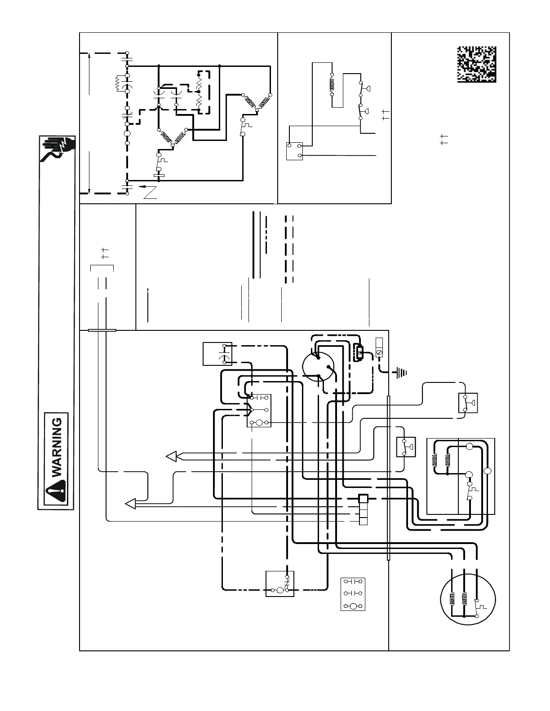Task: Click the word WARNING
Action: [x=58, y=448]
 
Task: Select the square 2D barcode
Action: [x=477, y=64]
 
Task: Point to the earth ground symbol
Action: [x=401, y=372]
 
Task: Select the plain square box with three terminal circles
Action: [x=295, y=151]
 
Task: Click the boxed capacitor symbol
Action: [x=217, y=354]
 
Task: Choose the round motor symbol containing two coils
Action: [x=467, y=600]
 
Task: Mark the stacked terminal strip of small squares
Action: [x=363, y=509]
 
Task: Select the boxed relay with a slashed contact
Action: [x=280, y=584]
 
